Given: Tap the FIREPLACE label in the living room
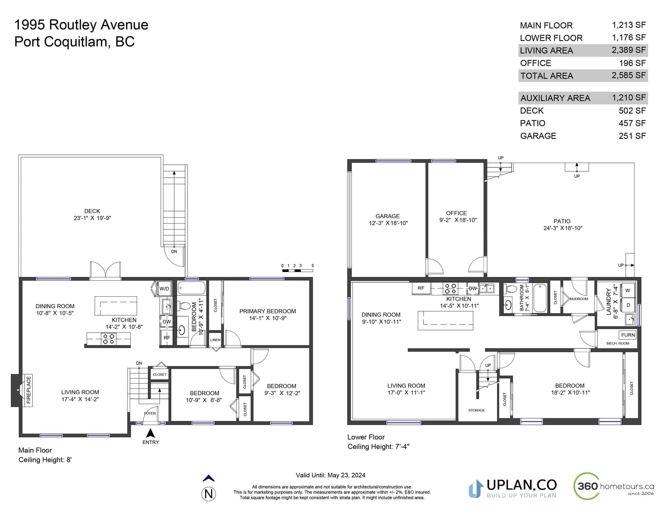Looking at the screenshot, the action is (x=28, y=390).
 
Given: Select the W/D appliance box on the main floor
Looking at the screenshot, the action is (x=164, y=289).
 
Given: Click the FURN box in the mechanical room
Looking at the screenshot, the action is (x=628, y=335).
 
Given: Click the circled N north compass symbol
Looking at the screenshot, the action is (x=208, y=494).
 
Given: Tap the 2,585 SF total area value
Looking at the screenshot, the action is (x=629, y=75).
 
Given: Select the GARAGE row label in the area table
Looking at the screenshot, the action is (x=538, y=136).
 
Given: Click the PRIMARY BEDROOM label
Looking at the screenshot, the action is (x=268, y=311).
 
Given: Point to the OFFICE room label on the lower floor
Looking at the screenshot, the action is (x=456, y=213).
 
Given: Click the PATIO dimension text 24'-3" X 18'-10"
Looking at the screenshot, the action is (x=563, y=228).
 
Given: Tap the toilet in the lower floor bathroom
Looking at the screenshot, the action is (x=510, y=289).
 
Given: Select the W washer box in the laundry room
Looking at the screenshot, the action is (x=628, y=290).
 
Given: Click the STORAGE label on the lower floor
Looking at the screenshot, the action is (x=476, y=410).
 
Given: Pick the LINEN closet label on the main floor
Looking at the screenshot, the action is (x=215, y=340).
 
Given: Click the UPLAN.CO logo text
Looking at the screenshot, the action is (x=522, y=485).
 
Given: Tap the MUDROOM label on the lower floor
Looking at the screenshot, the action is (x=579, y=299).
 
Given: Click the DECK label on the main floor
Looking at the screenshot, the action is (x=92, y=211).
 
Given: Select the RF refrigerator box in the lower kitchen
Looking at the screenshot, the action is (x=421, y=288).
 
